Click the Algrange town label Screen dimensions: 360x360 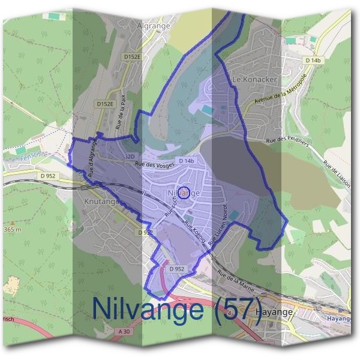(154, 26)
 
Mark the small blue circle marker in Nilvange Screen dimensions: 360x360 (184, 192)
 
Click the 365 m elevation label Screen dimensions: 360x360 (12, 230)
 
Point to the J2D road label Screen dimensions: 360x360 (130, 157)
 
